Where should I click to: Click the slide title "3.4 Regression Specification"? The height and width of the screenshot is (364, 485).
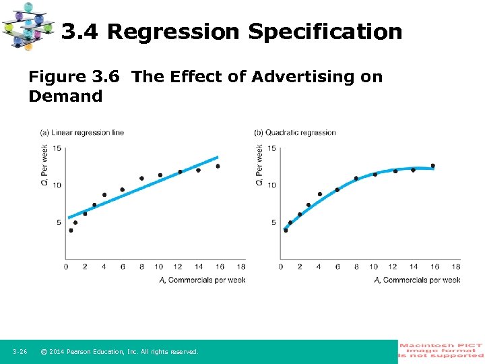pyautogui.click(x=232, y=32)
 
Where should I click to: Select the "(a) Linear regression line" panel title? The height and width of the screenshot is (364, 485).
pyautogui.click(x=82, y=132)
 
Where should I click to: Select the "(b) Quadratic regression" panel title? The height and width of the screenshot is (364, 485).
pyautogui.click(x=295, y=132)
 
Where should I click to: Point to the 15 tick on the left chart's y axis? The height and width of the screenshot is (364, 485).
pyautogui.click(x=57, y=148)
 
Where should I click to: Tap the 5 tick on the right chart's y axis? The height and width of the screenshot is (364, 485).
pyautogui.click(x=273, y=222)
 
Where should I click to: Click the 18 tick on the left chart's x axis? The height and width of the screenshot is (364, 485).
pyautogui.click(x=242, y=267)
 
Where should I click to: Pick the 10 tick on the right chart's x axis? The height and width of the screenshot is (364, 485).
pyautogui.click(x=374, y=267)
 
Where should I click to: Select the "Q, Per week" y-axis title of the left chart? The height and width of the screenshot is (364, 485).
pyautogui.click(x=44, y=165)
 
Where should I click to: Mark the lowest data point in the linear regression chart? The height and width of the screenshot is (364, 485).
pyautogui.click(x=71, y=231)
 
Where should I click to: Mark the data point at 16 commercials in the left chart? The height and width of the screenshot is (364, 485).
pyautogui.click(x=218, y=166)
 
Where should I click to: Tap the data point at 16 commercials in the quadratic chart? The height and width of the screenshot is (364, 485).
pyautogui.click(x=432, y=165)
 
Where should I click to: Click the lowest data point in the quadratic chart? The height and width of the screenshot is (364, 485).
pyautogui.click(x=286, y=231)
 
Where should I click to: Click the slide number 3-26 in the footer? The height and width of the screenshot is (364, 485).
pyautogui.click(x=20, y=352)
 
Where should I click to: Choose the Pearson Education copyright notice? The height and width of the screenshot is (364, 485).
pyautogui.click(x=119, y=352)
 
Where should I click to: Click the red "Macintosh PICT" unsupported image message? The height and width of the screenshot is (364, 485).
pyautogui.click(x=441, y=351)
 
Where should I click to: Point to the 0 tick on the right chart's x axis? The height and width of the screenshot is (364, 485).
pyautogui.click(x=282, y=267)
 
